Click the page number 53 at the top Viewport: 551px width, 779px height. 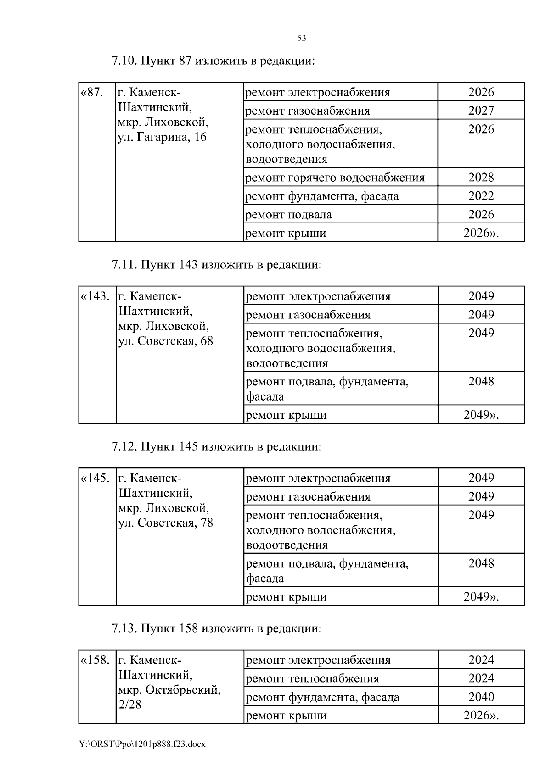[x=302, y=38]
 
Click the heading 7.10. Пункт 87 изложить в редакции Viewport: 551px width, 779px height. [x=214, y=61]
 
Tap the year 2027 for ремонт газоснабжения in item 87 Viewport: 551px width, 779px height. [x=481, y=111]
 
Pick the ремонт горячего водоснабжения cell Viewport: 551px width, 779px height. [x=335, y=178]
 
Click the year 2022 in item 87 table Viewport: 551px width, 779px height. [x=481, y=196]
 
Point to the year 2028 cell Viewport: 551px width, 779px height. [x=481, y=178]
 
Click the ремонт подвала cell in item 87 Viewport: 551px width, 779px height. [x=289, y=215]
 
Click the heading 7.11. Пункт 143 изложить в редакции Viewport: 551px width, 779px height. [x=216, y=265]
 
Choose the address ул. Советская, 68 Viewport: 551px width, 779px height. [x=165, y=341]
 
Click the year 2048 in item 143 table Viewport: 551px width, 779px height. [x=481, y=381]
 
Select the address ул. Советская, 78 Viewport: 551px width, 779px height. [x=165, y=523]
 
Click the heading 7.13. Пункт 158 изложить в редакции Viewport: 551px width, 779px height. [x=216, y=628]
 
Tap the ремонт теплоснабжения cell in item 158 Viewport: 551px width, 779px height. [x=313, y=679]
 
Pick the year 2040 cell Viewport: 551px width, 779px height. [x=481, y=697]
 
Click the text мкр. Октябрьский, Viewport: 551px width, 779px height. [x=169, y=690]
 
